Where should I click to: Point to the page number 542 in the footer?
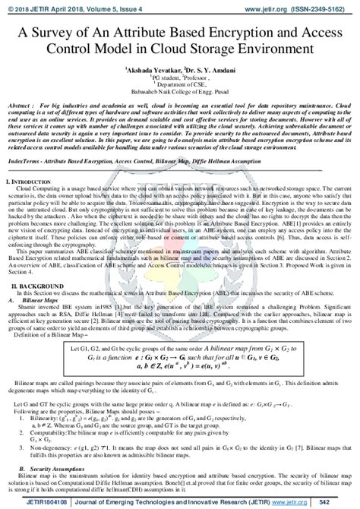pyautogui.click(x=343, y=502)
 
